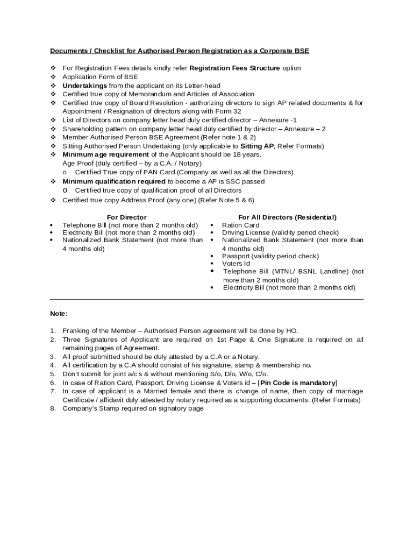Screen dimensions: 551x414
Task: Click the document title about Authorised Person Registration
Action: (x=180, y=51)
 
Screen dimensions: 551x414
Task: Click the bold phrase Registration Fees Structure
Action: (x=235, y=68)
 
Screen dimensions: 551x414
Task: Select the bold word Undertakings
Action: (x=84, y=86)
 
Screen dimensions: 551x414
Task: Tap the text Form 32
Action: (x=227, y=111)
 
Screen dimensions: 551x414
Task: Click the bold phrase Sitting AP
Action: (x=256, y=146)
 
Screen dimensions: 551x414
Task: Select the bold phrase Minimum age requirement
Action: (x=105, y=154)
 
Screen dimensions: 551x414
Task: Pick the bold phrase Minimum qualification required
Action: (x=114, y=181)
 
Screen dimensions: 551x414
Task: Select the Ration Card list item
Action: (x=240, y=225)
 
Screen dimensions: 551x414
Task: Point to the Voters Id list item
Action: (x=236, y=264)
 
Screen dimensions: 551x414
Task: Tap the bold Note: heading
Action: (x=59, y=313)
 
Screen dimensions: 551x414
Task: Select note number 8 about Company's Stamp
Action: (x=133, y=408)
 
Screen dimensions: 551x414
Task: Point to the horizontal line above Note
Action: (x=207, y=299)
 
